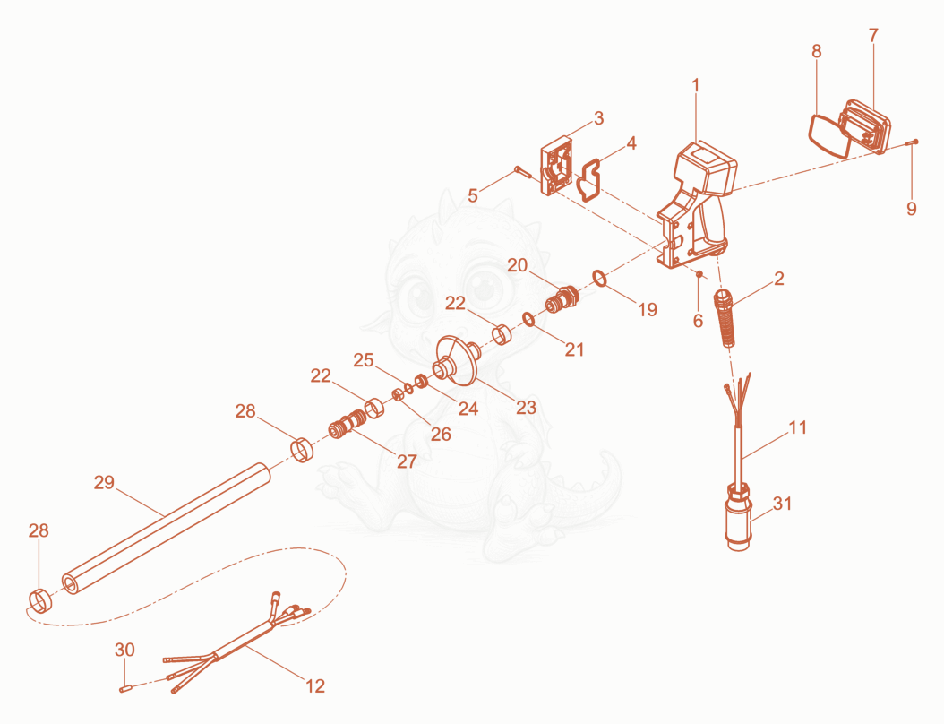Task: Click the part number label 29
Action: tap(104, 482)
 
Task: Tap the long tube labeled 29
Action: tap(167, 529)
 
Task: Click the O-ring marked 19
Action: tap(600, 279)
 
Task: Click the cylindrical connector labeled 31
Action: tap(739, 516)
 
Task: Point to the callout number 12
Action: tap(315, 686)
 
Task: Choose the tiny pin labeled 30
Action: tap(125, 688)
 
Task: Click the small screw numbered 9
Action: tap(912, 142)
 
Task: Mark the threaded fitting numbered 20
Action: tap(562, 298)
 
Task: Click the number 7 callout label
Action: tap(873, 36)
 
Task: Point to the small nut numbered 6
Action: tap(699, 275)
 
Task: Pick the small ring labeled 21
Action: tap(528, 319)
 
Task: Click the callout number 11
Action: tap(798, 427)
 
